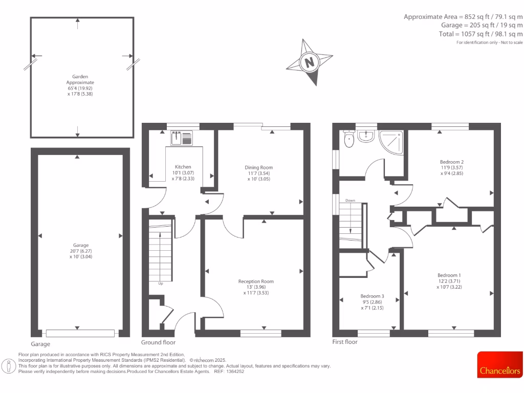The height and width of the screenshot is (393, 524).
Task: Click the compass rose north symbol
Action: point(309,62)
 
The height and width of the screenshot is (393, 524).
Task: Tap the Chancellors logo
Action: point(500,370)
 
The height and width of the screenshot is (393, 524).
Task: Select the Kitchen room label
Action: point(183,167)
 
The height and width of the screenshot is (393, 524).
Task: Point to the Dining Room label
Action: point(258,167)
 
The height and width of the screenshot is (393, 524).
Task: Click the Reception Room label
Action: point(256,281)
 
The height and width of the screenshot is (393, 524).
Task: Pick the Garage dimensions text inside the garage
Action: point(77,254)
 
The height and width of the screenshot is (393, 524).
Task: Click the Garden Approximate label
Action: point(80,79)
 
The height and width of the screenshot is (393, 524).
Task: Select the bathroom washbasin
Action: point(366,136)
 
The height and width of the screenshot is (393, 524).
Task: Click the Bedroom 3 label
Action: point(372,296)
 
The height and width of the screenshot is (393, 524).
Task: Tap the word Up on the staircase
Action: point(160,283)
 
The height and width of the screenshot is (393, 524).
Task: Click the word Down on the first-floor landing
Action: point(351,200)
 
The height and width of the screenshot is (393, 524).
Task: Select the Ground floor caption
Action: point(158,342)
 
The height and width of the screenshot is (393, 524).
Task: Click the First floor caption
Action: point(345,342)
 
